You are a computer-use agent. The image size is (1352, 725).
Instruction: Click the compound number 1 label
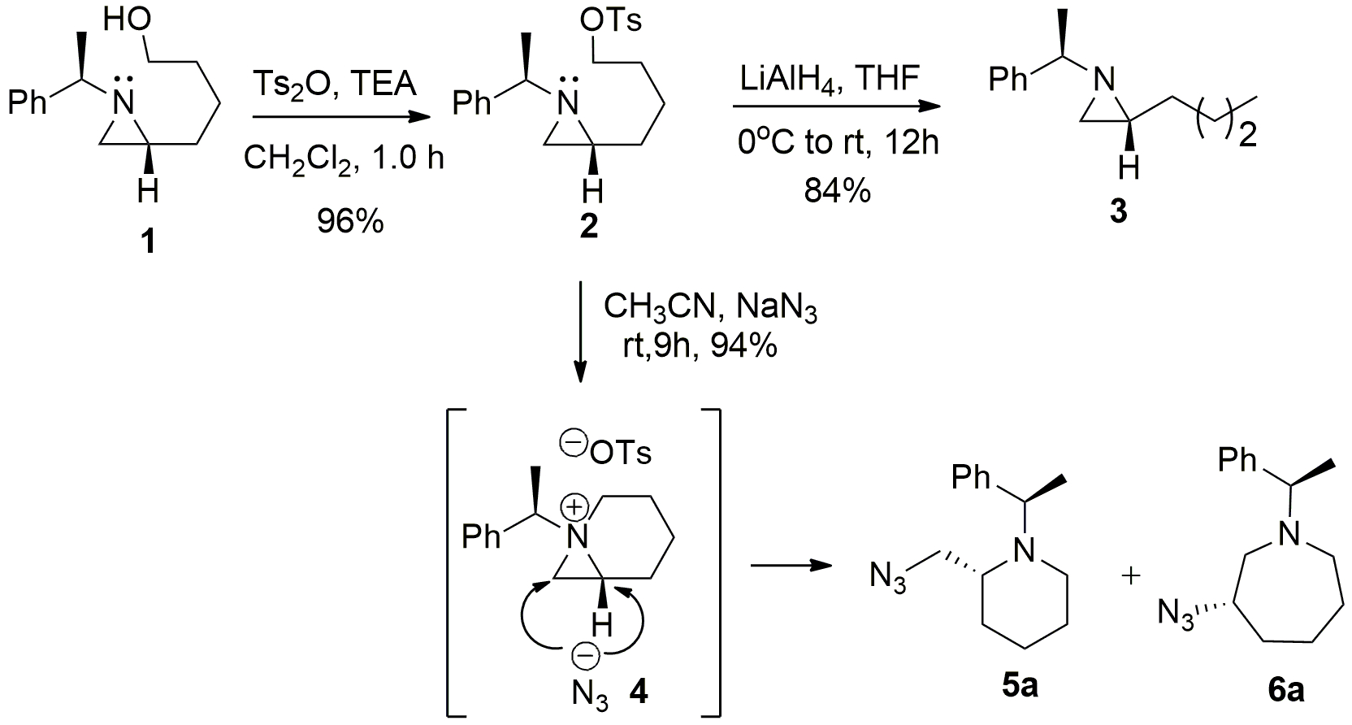coord(147,241)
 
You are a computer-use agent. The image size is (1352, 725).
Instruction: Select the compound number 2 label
coord(587,227)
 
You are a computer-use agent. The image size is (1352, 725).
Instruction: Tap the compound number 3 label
coord(1119,213)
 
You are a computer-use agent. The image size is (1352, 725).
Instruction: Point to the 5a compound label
coord(1019,687)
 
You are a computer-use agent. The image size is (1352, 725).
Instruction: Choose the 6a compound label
coord(1286,690)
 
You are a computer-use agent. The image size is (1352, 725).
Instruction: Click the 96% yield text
coord(350,221)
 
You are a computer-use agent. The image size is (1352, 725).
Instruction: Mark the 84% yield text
coord(837,192)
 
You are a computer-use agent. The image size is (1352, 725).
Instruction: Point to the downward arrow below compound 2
coord(580,333)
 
